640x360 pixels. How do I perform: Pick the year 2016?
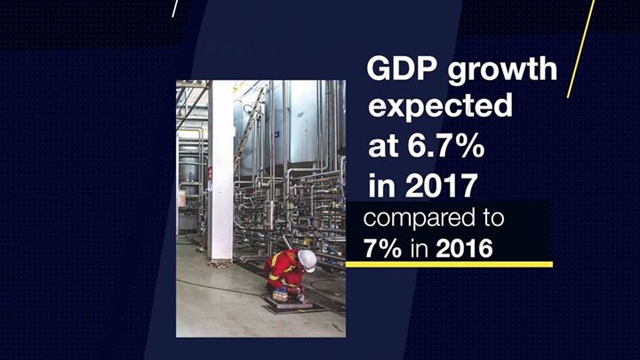click(464, 246)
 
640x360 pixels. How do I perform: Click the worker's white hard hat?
click(307, 259)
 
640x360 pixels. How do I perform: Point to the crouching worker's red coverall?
click(283, 267)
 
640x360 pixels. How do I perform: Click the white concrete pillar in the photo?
click(220, 169)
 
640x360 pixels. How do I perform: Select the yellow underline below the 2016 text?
click(449, 264)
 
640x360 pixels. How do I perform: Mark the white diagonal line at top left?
click(176, 8)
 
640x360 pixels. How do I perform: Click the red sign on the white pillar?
click(210, 173)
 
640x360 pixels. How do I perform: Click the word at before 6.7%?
click(382, 145)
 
